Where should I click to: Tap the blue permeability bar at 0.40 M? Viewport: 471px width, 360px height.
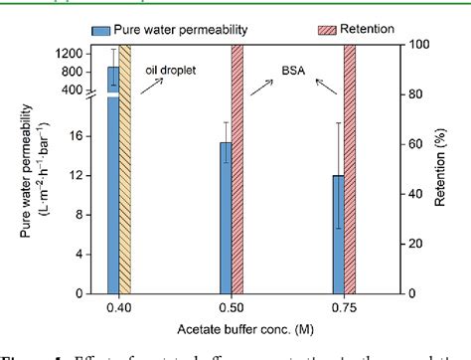click(x=113, y=179)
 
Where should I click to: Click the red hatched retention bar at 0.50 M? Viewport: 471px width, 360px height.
click(x=237, y=169)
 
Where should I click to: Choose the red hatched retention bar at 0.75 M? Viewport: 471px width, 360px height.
click(x=351, y=169)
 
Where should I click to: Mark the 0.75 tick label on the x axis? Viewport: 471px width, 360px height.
click(x=345, y=309)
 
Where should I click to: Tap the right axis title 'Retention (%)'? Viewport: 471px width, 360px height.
click(x=444, y=169)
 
